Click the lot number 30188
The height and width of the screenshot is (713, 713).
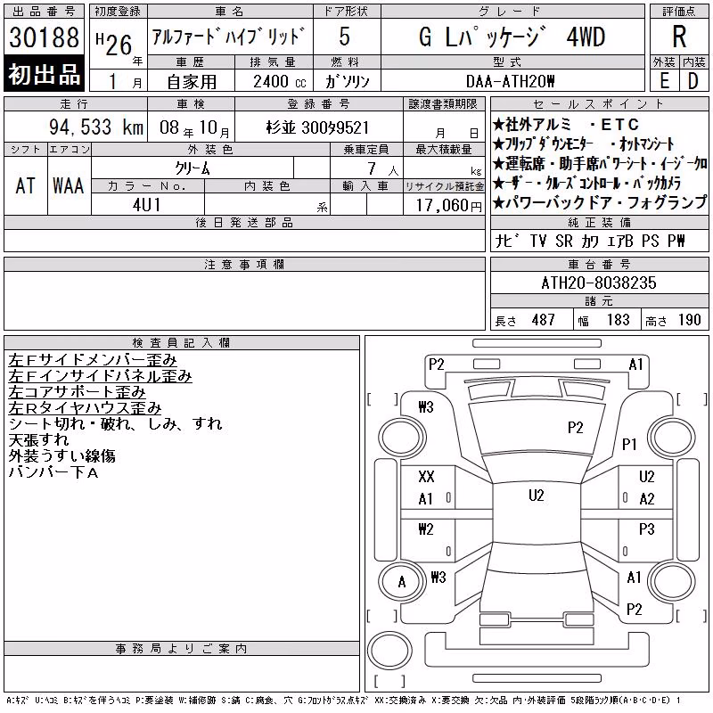pos(44,37)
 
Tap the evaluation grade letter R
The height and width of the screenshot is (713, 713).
pos(679,37)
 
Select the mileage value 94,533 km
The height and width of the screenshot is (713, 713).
pos(96,127)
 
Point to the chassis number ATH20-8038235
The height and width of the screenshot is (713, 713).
pos(599,283)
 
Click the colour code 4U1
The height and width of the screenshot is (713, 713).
pos(147,205)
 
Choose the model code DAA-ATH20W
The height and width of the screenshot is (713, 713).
pos(510,81)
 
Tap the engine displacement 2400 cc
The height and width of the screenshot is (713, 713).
pos(279,82)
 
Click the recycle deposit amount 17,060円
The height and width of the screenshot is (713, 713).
pos(448,206)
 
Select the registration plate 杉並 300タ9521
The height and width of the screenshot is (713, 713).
pos(317,127)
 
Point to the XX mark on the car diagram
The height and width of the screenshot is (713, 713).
pos(426,477)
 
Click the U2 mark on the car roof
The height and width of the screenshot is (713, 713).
pos(537,496)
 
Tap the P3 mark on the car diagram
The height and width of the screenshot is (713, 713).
pos(647,529)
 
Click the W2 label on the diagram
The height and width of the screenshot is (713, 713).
pos(426,529)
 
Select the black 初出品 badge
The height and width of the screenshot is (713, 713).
pos(44,74)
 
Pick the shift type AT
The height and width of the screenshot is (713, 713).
pos(26,186)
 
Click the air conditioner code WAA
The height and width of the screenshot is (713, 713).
pos(69,186)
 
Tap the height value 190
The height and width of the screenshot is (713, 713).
pos(689,320)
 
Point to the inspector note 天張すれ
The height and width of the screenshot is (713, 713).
pos(39,440)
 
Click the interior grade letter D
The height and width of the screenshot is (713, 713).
pos(693,81)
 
